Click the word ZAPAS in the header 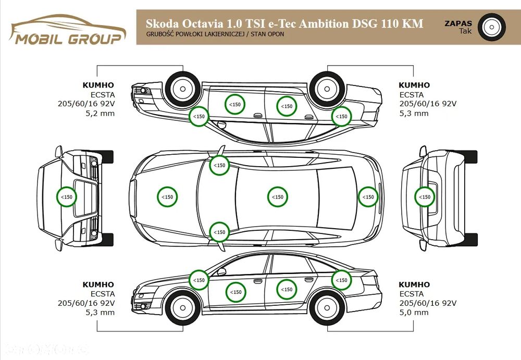tap(458, 23)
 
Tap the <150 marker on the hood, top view tap(167, 197)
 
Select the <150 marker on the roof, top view tap(278, 197)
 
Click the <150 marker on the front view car tap(67, 197)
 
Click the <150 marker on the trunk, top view tap(368, 197)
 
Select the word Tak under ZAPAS tap(465, 31)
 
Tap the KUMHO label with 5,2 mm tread tap(98, 85)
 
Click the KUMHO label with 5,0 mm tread tap(414, 284)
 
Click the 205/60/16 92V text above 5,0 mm tap(428, 303)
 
